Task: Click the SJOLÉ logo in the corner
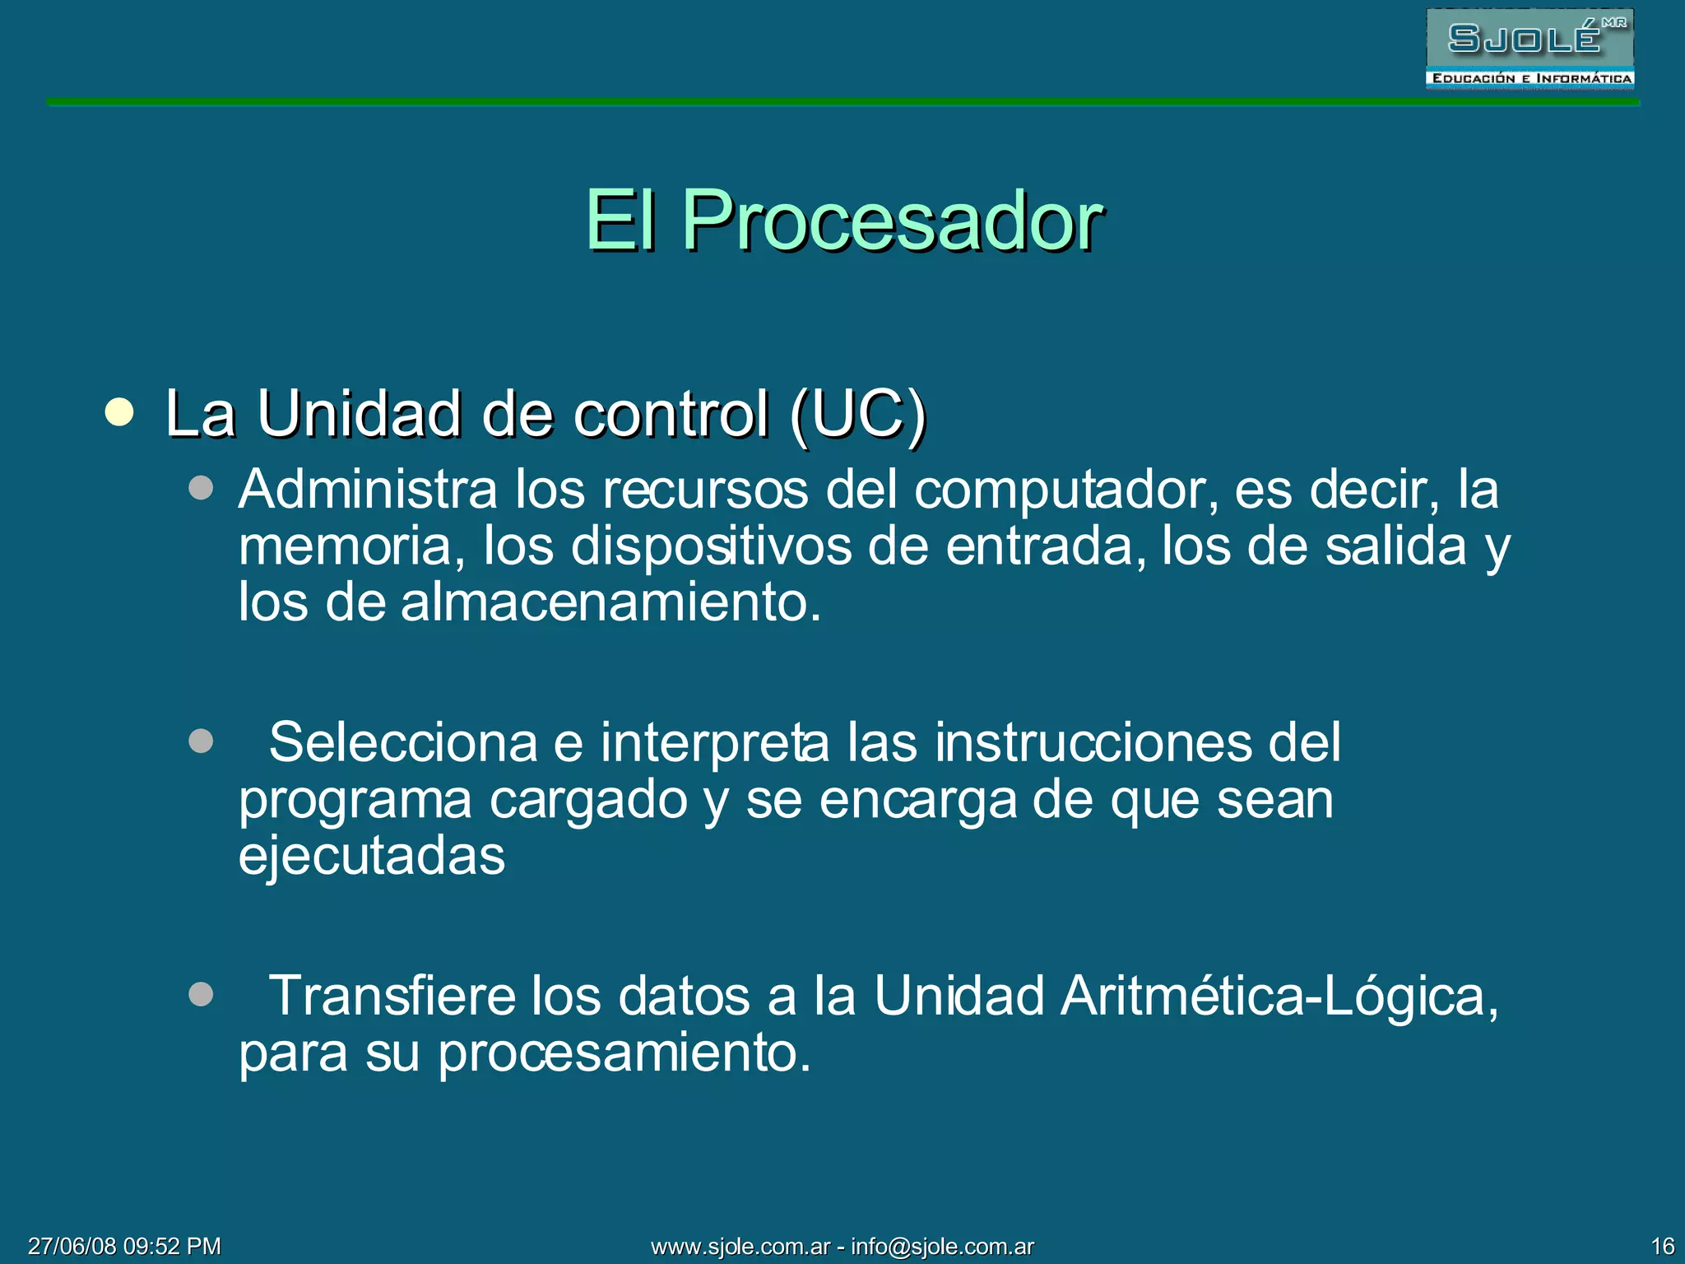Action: point(1529,49)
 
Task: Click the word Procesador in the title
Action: point(892,221)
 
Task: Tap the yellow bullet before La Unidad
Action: point(119,412)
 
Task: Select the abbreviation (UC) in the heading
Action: point(857,414)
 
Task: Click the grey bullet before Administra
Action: point(201,488)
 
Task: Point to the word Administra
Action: point(368,490)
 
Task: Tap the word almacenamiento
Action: point(610,602)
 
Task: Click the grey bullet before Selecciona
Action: point(201,741)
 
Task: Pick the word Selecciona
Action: point(403,743)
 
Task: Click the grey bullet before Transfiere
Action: point(201,994)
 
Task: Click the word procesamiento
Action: point(624,1053)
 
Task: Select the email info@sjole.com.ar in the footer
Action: point(942,1246)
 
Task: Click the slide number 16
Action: point(1662,1246)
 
